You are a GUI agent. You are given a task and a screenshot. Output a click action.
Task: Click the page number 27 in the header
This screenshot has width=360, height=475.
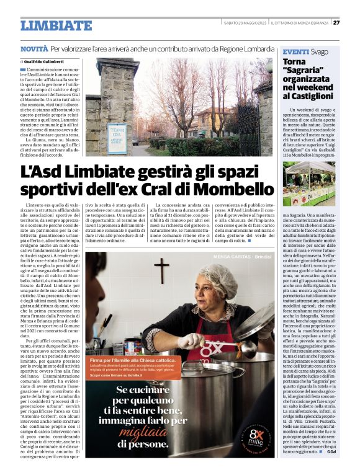[x=336, y=23]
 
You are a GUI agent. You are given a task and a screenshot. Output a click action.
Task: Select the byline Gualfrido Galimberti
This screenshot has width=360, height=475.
[x=44, y=62]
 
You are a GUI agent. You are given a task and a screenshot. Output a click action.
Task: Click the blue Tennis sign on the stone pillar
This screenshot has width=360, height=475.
[x=116, y=135]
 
